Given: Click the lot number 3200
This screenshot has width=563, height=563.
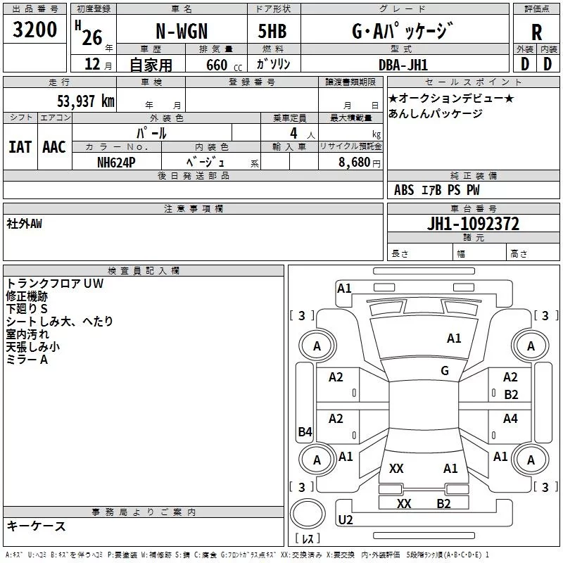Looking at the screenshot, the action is [x=34, y=30].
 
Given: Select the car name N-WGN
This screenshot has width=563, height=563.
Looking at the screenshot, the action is [x=182, y=31].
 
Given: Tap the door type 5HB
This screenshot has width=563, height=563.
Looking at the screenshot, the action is [x=272, y=31].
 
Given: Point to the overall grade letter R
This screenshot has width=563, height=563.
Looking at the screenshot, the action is [x=536, y=32].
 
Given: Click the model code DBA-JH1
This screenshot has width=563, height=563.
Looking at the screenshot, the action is [x=403, y=65].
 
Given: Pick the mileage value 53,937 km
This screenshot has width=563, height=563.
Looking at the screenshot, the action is [x=86, y=101].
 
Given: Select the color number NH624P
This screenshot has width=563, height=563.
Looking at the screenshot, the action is [x=116, y=163].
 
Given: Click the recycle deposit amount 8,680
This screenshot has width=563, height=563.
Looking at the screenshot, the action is [x=354, y=162].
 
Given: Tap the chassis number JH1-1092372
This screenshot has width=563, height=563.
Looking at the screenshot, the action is [x=473, y=224].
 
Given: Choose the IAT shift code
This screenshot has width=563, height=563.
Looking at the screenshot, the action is [x=20, y=147].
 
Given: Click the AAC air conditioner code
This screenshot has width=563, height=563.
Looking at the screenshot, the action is [x=54, y=147].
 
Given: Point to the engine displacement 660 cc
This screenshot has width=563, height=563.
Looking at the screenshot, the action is [x=224, y=65].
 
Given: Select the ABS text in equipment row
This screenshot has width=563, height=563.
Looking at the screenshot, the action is [x=404, y=190].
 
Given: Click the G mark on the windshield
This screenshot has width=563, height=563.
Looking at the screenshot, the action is [x=445, y=370].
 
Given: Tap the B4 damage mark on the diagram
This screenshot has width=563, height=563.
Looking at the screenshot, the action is [x=305, y=431].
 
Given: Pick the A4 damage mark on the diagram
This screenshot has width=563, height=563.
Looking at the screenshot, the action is [x=510, y=418].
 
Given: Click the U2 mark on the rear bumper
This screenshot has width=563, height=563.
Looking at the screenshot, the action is [x=346, y=519].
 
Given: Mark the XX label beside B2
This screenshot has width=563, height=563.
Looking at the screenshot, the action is [x=404, y=503].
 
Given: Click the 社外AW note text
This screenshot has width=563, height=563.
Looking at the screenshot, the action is [x=24, y=224].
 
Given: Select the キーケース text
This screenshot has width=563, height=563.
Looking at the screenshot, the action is [x=36, y=526].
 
